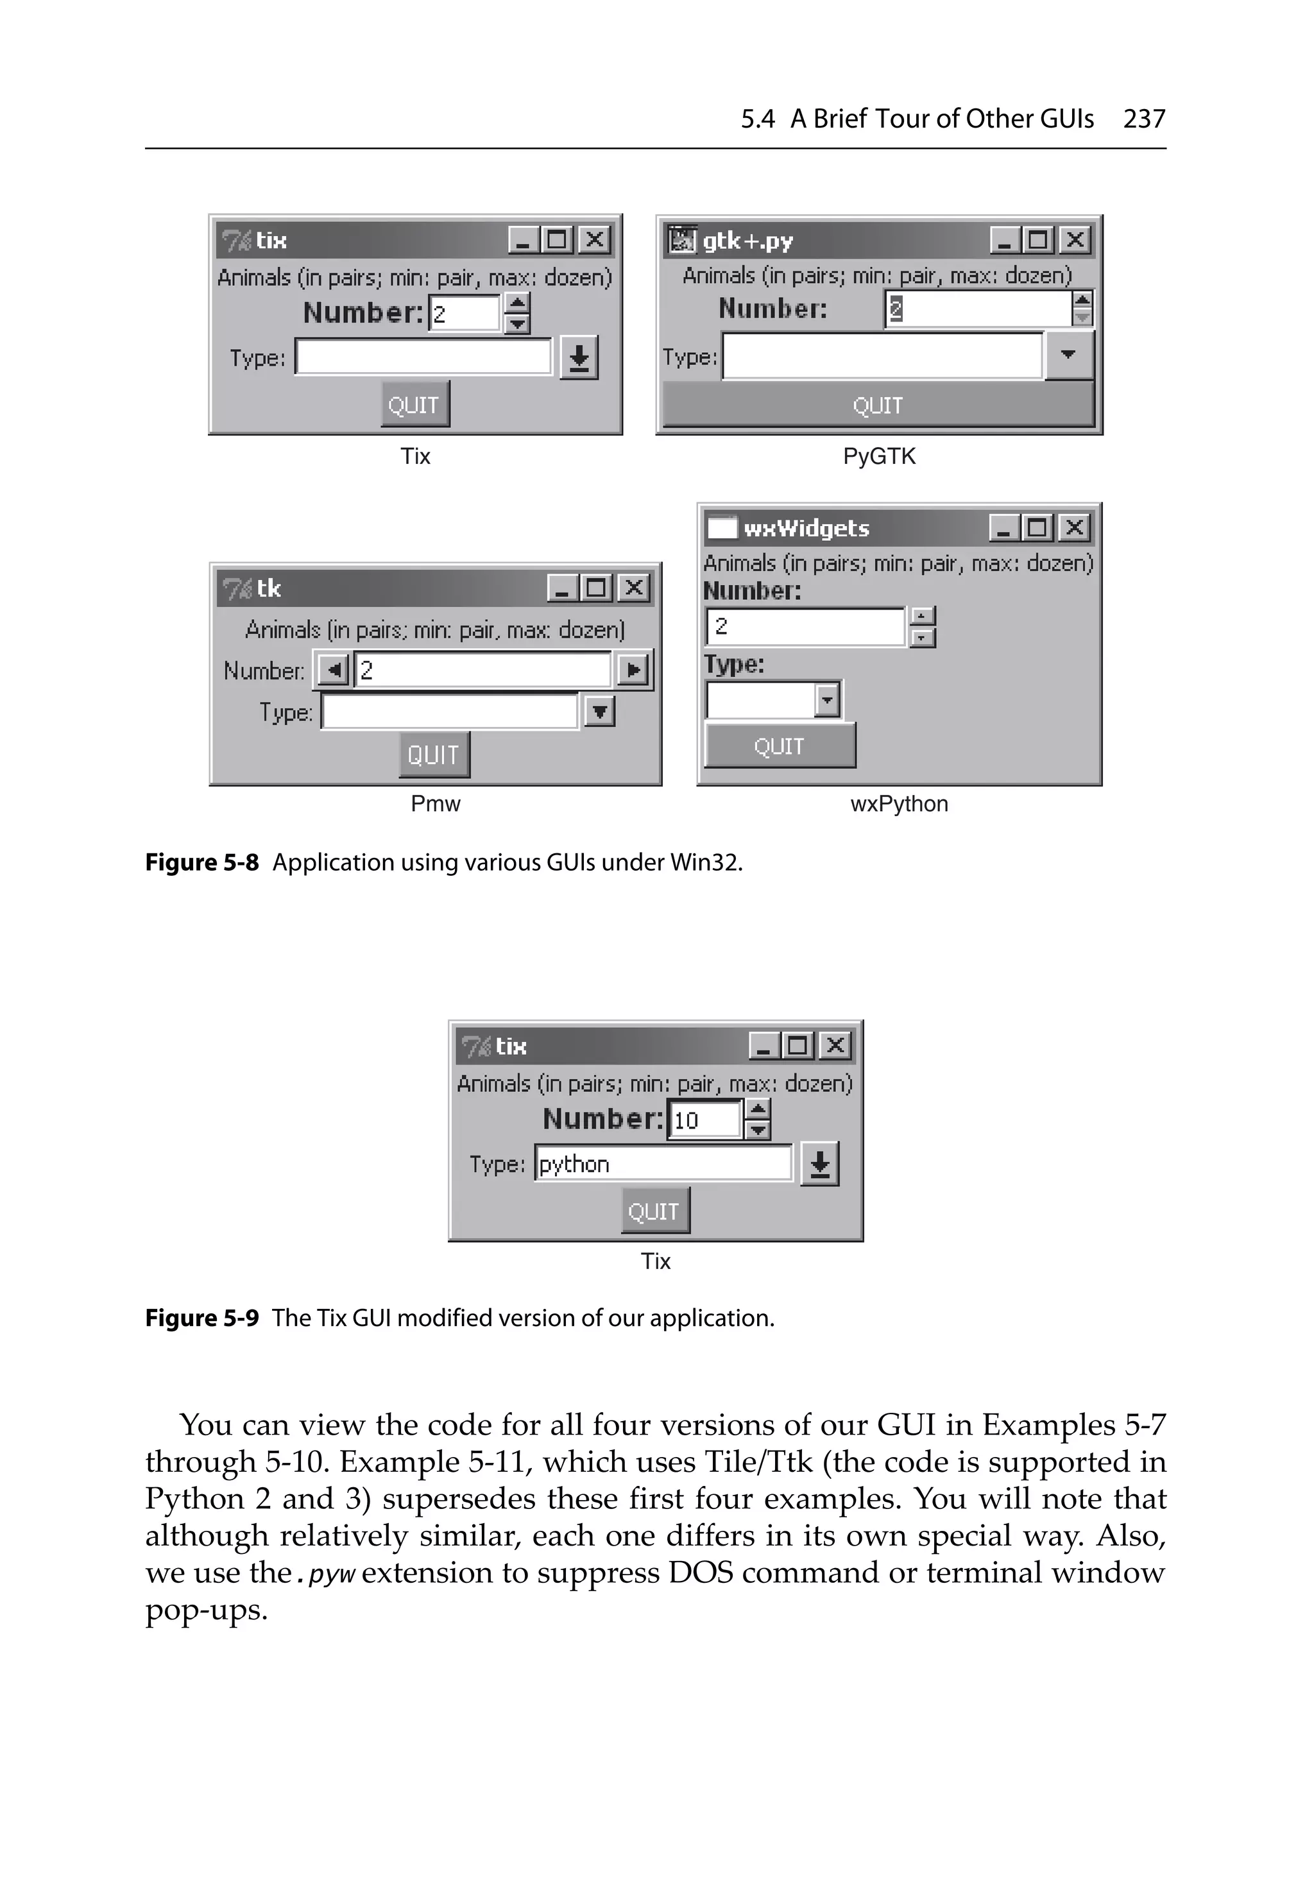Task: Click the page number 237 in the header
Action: coord(1144,119)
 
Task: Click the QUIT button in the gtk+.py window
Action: coord(878,405)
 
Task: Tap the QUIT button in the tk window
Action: coord(434,755)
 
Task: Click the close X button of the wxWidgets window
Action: coord(1074,527)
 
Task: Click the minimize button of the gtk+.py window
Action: coord(1004,241)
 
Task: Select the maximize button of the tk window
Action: coord(596,588)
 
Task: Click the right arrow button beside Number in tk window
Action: coord(633,670)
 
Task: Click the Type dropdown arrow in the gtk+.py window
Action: coord(1068,355)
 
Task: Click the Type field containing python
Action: coord(663,1163)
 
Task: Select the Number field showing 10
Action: coord(704,1120)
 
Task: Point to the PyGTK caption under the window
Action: coord(879,456)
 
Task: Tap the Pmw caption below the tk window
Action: coord(435,804)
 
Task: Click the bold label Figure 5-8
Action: coord(202,863)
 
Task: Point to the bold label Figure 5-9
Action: coord(202,1318)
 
